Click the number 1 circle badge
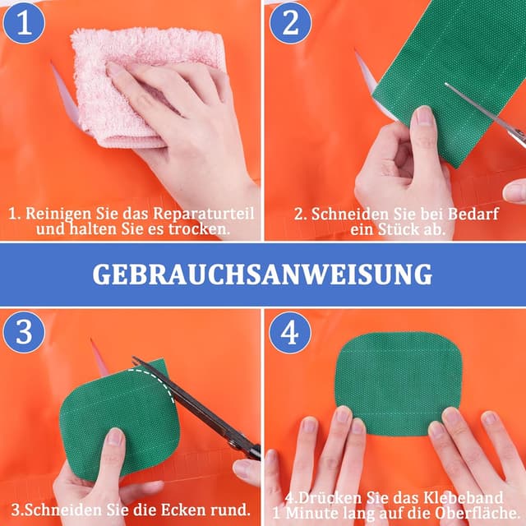(x=24, y=23)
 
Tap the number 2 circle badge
(x=290, y=23)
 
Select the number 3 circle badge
(x=24, y=333)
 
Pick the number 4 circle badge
(x=290, y=333)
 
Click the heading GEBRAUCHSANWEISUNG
(x=262, y=274)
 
